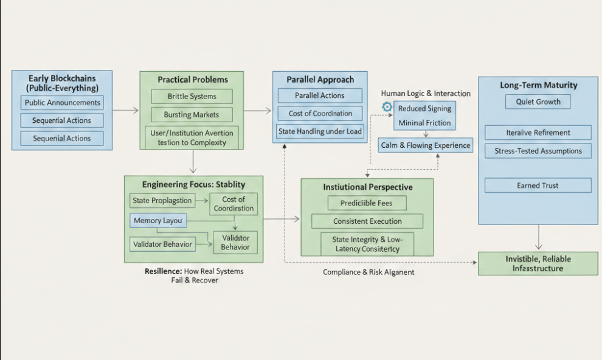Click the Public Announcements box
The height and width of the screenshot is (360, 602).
61,103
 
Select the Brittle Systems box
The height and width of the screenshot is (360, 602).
192,97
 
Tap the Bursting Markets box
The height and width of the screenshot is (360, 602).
192,114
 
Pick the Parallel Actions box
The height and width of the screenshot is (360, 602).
319,95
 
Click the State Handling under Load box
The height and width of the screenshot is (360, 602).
319,131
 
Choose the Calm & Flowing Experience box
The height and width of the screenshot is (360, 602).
426,145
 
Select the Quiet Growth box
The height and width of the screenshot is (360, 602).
538,102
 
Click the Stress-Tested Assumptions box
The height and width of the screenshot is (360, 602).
538,151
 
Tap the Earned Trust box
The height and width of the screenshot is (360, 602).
538,185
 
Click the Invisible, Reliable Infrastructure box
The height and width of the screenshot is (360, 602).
538,263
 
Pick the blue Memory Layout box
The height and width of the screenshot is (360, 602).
158,221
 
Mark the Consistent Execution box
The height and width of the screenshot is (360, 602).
367,221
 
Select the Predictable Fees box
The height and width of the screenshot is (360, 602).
367,203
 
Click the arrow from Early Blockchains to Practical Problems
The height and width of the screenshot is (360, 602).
126,111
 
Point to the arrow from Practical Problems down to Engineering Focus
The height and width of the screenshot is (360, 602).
192,162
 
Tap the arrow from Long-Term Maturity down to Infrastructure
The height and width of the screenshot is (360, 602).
539,237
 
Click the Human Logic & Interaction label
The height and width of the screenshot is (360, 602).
426,94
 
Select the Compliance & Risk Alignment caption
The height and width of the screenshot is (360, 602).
368,272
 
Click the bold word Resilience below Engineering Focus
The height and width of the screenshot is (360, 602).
163,271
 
